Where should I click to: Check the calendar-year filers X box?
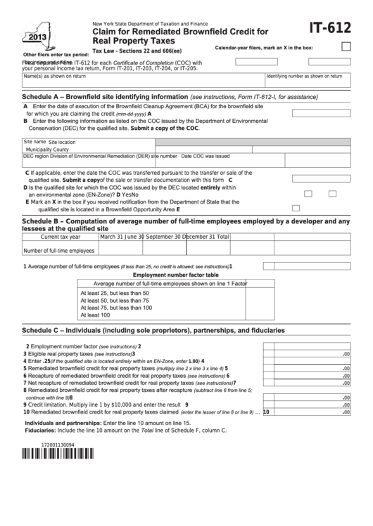(x=346, y=47)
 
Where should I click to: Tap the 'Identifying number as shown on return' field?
(x=309, y=79)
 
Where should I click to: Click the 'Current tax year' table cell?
(x=61, y=237)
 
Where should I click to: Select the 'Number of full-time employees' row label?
(x=59, y=250)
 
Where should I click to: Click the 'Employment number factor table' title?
(x=163, y=275)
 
